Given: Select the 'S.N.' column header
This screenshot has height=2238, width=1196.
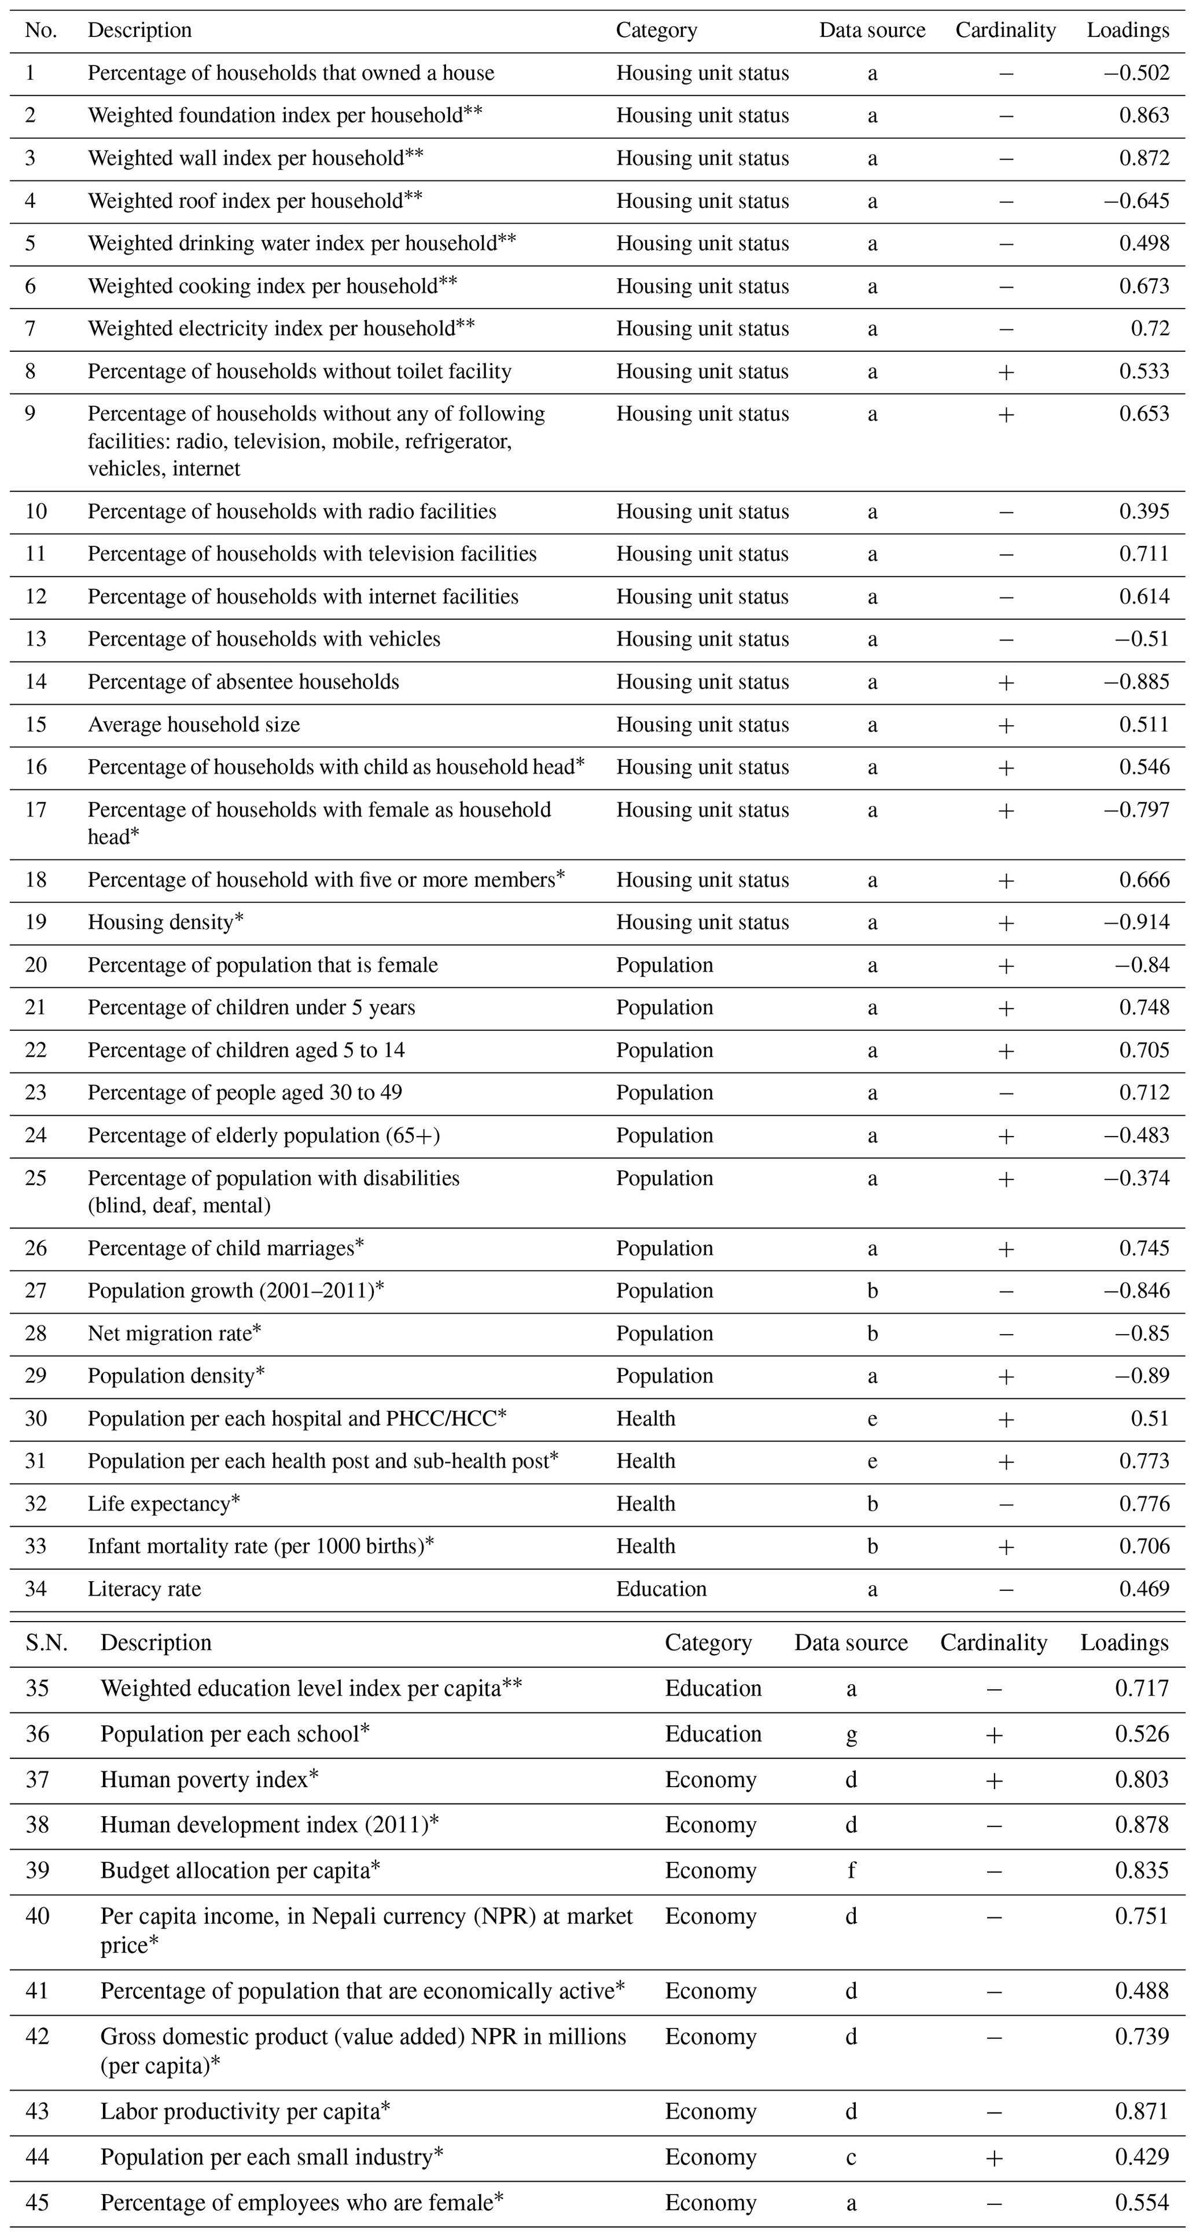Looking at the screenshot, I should (46, 1642).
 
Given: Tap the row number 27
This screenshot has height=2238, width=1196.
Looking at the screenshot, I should (36, 1291).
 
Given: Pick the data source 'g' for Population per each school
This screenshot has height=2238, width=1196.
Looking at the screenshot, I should (851, 1733).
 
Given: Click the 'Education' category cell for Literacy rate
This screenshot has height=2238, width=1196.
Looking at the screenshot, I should (661, 1589).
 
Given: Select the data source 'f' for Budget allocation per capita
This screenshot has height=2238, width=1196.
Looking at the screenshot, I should (851, 1870).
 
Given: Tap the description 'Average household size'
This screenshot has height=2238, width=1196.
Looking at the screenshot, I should (194, 725).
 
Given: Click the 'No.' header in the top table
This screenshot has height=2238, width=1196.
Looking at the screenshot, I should (41, 31).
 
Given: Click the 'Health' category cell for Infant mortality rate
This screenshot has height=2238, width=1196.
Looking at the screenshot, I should (645, 1546).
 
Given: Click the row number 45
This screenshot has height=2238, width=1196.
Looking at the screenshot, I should (38, 2202).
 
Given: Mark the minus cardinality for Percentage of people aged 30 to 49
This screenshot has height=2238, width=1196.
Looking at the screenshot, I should (1006, 1093).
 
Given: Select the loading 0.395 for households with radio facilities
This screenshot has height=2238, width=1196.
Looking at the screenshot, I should (1144, 511).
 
